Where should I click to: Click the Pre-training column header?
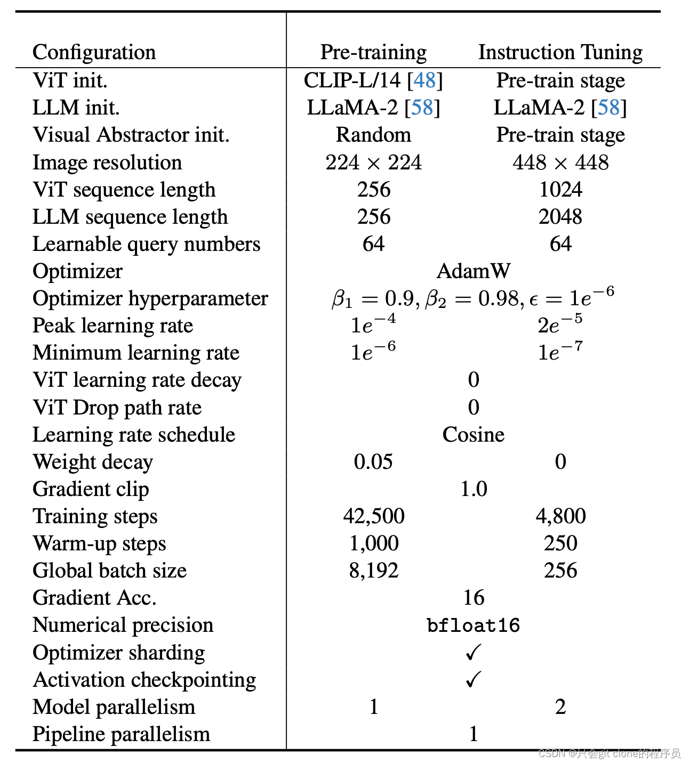(373, 52)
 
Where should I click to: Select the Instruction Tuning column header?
(560, 52)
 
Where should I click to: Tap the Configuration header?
(94, 52)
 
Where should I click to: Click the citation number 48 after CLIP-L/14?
(424, 80)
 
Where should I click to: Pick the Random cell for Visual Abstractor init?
(373, 135)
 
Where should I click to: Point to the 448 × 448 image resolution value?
(560, 162)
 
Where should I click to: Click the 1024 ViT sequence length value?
(560, 190)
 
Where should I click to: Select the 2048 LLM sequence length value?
(560, 217)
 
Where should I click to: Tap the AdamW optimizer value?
(473, 271)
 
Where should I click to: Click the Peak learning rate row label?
(113, 326)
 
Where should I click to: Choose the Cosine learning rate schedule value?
(473, 435)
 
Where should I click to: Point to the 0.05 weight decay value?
(373, 462)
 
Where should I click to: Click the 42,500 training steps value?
(373, 516)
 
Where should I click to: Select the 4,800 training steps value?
(560, 516)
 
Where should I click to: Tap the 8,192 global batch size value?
(373, 571)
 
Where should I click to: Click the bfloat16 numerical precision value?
(473, 625)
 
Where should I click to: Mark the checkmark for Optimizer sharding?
(473, 652)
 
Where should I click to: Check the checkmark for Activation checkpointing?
(473, 679)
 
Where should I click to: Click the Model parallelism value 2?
(560, 707)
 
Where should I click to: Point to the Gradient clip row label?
(91, 489)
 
